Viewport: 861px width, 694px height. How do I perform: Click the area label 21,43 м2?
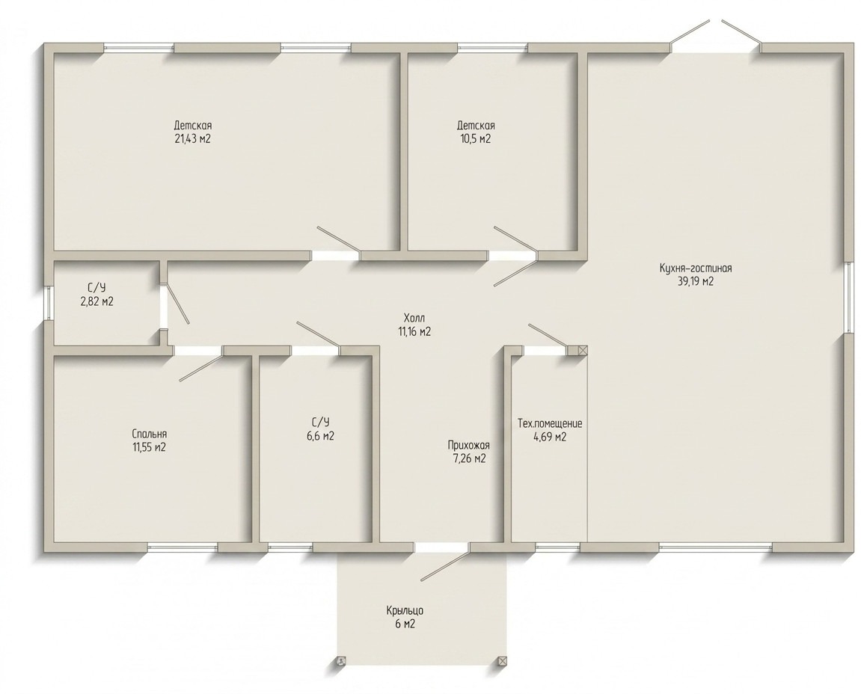pos(192,139)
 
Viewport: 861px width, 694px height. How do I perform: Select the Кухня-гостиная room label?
pos(696,268)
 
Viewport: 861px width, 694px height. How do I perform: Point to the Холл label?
pos(414,318)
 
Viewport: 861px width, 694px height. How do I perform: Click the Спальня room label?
pos(149,434)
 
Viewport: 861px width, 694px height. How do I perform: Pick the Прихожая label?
pos(468,445)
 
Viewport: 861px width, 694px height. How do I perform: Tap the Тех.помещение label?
pos(550,424)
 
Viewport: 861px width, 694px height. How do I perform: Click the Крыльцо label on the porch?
pos(404,610)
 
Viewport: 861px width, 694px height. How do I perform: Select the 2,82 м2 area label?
pos(96,301)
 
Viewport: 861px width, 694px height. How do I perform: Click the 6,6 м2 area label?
pos(321,437)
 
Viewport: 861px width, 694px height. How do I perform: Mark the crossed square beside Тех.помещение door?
pos(583,350)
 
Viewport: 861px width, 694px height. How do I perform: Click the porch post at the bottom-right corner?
pos(502,661)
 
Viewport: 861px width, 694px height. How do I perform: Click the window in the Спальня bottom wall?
pos(183,547)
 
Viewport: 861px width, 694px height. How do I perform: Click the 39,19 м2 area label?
pos(696,282)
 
